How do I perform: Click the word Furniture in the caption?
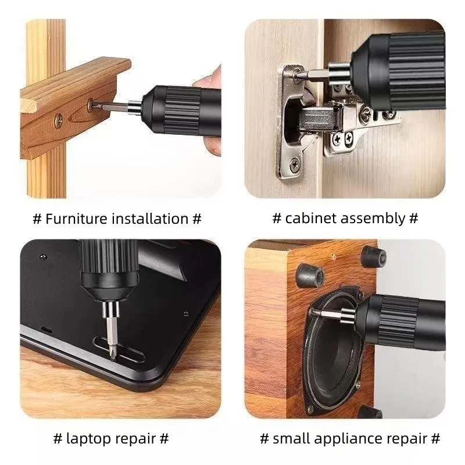click(x=76, y=219)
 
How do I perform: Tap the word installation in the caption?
click(x=150, y=219)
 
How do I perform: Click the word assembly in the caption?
click(x=373, y=219)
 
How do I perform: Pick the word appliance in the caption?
click(x=348, y=439)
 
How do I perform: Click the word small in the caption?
click(x=291, y=438)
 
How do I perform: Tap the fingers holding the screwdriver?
click(x=212, y=111)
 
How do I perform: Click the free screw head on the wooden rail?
click(x=59, y=120)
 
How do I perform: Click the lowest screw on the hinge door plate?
click(x=295, y=164)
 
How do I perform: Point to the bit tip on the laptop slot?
click(x=112, y=357)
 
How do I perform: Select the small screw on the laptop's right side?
click(x=186, y=313)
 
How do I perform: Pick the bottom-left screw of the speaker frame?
click(x=310, y=410)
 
